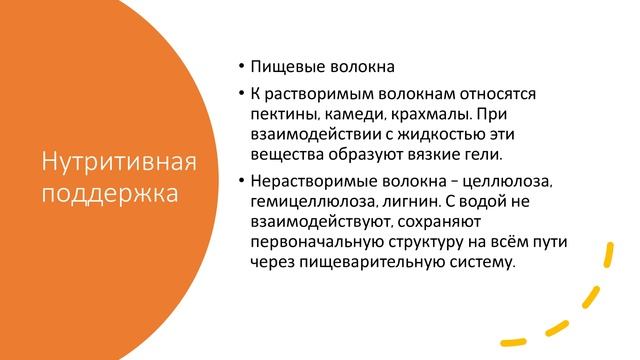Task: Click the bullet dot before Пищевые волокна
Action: pos(242,69)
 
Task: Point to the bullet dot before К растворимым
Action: pos(242,94)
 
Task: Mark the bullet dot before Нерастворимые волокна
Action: pos(242,182)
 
